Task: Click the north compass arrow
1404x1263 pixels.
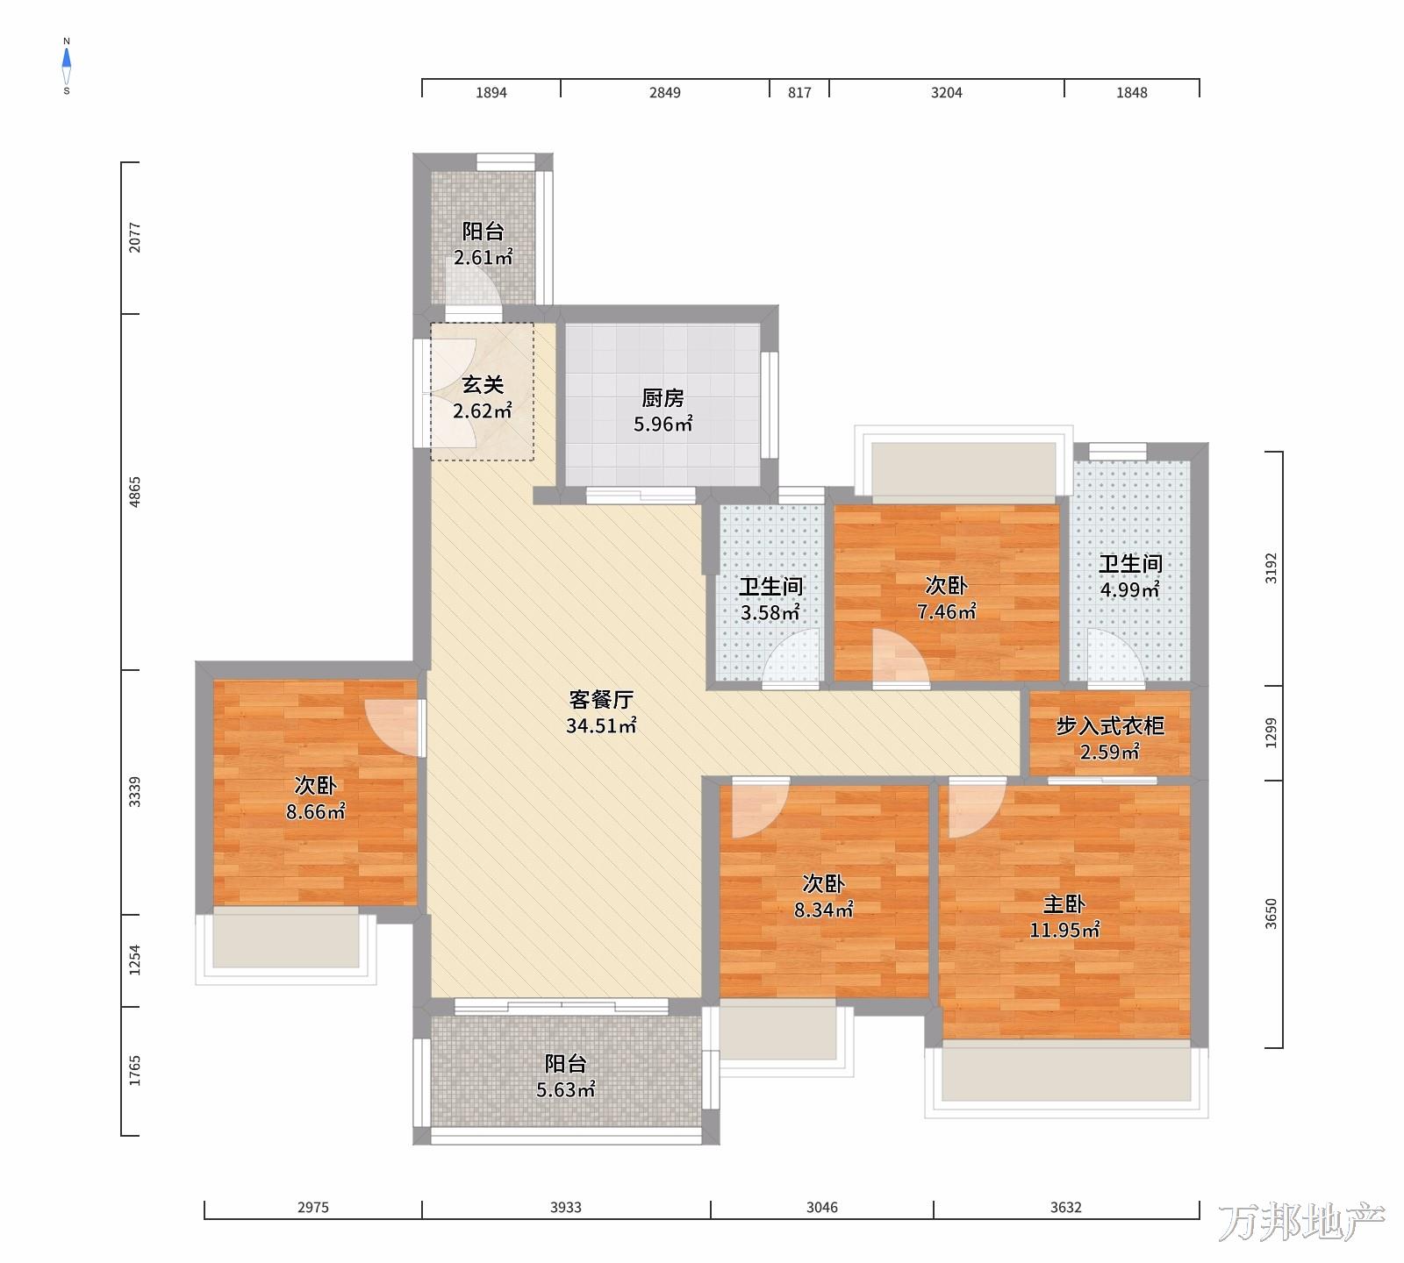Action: click(x=67, y=59)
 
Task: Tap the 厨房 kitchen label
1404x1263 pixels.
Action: click(x=663, y=398)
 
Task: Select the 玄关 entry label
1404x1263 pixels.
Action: click(x=483, y=385)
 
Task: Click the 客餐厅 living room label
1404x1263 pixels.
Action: click(x=601, y=700)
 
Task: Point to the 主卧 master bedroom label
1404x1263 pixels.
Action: click(x=1064, y=904)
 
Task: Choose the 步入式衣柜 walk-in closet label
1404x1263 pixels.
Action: click(x=1110, y=726)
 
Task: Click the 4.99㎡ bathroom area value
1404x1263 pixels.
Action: click(x=1130, y=589)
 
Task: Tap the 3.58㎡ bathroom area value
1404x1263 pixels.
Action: click(x=770, y=612)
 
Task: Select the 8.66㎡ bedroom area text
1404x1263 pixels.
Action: click(x=316, y=812)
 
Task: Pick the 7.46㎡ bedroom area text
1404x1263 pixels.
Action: click(x=947, y=611)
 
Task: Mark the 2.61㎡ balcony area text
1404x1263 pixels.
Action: click(x=483, y=258)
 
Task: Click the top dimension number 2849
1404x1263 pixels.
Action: click(x=665, y=92)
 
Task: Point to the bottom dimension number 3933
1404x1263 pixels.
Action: click(x=566, y=1208)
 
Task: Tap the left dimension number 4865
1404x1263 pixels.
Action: click(x=134, y=493)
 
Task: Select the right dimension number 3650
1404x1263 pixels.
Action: click(x=1271, y=914)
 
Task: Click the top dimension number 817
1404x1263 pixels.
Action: click(x=799, y=92)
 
